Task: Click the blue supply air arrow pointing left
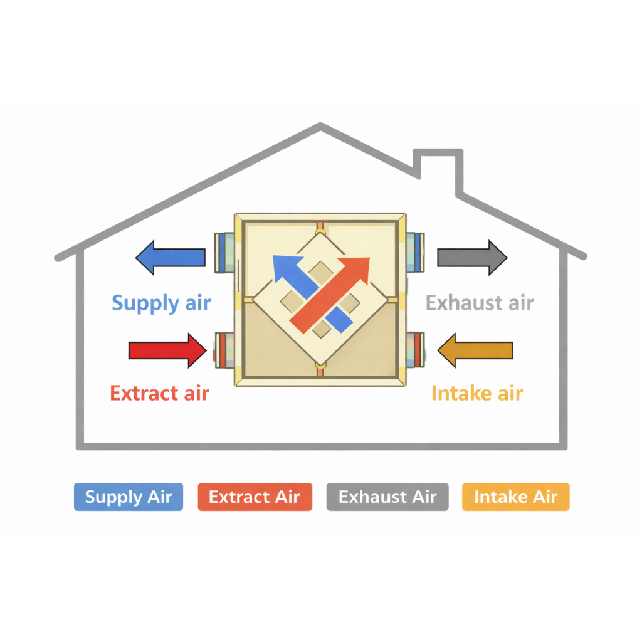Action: click(171, 258)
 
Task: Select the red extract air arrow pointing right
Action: click(167, 350)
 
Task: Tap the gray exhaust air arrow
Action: click(473, 258)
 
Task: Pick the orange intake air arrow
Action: click(475, 350)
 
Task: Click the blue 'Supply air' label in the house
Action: click(161, 303)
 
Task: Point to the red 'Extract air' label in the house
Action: click(160, 393)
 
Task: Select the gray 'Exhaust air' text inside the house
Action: click(480, 303)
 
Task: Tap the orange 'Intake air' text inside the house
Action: click(477, 393)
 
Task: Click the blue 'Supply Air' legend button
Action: click(129, 497)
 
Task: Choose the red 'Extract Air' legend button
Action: click(255, 497)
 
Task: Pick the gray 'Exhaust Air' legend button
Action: click(387, 497)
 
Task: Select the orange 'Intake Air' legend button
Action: click(516, 497)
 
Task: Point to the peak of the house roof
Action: click(320, 124)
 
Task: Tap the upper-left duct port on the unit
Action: click(225, 253)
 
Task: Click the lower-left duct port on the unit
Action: click(224, 350)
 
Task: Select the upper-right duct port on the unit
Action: click(415, 252)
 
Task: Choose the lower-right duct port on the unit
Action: click(415, 350)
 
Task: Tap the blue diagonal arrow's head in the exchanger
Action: click(287, 268)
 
